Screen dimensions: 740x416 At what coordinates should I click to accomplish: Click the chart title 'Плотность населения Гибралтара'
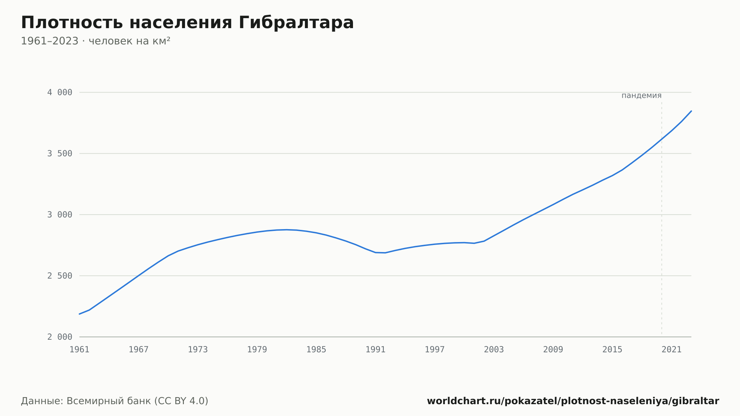coord(187,23)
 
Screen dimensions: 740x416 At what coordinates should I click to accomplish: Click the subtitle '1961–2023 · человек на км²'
coord(95,41)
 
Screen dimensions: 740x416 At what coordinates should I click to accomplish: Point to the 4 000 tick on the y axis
coord(60,93)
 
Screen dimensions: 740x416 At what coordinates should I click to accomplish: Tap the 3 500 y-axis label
coord(60,154)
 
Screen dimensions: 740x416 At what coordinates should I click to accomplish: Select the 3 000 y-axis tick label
coord(60,215)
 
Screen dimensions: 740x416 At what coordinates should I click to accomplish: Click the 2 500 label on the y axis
coord(60,276)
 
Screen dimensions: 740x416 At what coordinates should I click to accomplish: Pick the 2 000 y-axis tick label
coord(60,337)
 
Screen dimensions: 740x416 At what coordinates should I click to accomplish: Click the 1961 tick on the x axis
coord(80,350)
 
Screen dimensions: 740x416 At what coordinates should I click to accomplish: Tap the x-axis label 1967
coord(139,350)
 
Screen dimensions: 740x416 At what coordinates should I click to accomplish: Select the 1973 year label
coord(198,350)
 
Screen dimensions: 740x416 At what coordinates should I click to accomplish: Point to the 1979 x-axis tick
coord(257,350)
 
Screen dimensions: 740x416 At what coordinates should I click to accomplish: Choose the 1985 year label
coord(316,350)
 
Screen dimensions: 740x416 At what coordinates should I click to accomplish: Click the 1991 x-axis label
coord(376,350)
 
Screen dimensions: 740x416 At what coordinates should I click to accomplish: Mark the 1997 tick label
coord(435,350)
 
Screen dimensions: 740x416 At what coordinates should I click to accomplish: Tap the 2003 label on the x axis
coord(494,350)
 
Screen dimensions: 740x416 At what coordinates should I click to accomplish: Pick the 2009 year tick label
coord(553,350)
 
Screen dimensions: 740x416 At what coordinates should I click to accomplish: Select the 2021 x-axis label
coord(672,350)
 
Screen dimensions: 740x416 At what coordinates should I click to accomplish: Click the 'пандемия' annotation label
coord(642,95)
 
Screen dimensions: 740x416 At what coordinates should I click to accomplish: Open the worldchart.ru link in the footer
coord(573,401)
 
